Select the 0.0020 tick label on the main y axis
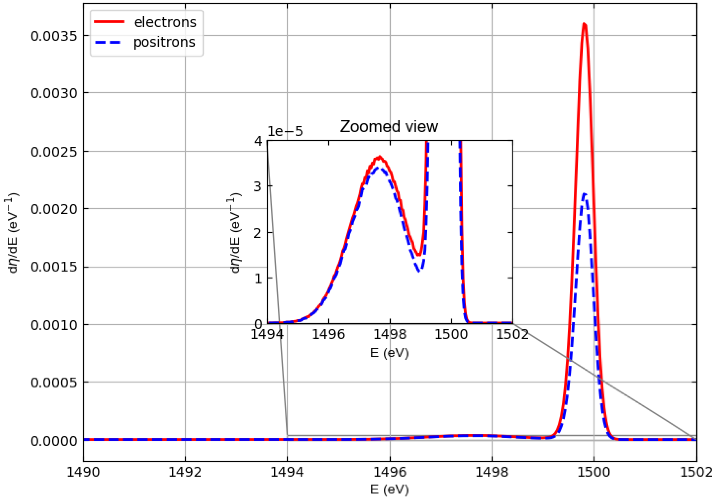(54, 209)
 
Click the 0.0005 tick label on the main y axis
(54, 383)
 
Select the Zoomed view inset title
(389, 126)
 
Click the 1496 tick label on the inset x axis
(329, 334)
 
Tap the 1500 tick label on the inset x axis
(451, 334)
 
